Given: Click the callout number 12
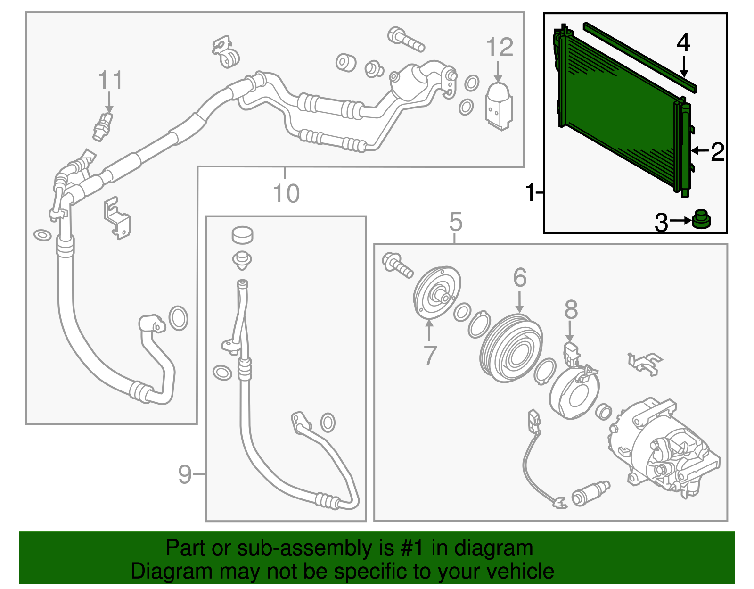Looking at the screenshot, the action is [x=500, y=47].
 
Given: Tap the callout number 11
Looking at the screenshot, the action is [x=110, y=80].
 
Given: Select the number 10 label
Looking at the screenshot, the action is [x=286, y=193].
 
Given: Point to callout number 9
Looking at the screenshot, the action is [x=185, y=474].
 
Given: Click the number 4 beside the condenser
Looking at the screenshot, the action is [x=684, y=43].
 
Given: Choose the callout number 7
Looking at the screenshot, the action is [x=430, y=355].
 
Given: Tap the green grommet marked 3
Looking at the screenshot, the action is [x=701, y=219].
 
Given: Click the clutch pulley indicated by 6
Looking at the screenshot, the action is [x=511, y=348].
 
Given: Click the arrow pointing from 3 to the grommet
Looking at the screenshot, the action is [x=680, y=220].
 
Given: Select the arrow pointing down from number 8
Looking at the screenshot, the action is [x=569, y=332].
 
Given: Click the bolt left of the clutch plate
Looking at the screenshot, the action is [x=397, y=265].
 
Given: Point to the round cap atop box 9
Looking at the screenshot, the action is [x=242, y=235].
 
